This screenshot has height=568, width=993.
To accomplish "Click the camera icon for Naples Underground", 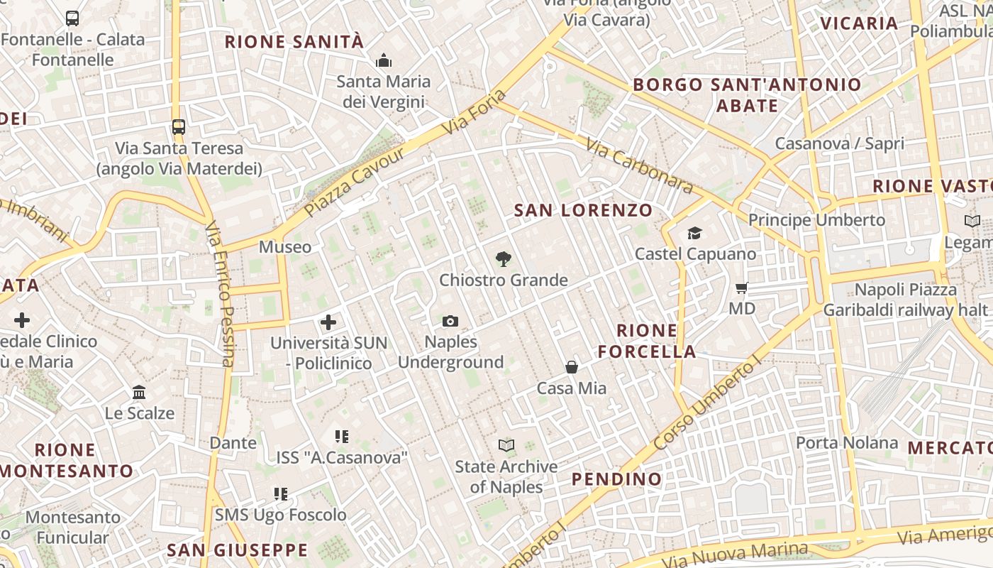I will coord(450,322).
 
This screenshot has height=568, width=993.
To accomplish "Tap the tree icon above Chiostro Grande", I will coord(504,259).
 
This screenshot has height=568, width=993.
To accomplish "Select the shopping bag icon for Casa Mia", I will coord(572,367).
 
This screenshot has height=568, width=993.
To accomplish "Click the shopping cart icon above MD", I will coord(742,288).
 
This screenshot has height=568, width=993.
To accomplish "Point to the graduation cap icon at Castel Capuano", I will coord(694,233).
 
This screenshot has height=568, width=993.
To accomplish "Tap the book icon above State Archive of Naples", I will coord(506,446).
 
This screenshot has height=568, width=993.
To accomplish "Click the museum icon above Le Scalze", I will coord(139,392).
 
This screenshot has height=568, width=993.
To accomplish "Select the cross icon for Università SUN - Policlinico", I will coord(328,322).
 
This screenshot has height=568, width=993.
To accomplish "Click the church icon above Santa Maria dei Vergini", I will coord(384,60).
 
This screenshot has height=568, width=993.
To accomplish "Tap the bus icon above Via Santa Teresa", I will coord(179,127).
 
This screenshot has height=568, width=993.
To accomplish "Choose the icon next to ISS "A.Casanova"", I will coord(342,437).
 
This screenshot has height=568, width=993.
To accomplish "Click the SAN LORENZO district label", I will coord(583,210).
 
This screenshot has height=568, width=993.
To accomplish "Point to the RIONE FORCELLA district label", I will coord(646,341).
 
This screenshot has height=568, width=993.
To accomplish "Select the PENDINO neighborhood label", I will coord(616,479).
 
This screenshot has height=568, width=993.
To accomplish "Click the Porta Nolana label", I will coord(846,443).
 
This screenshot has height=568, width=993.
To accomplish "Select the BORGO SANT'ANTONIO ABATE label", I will coord(747,95).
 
